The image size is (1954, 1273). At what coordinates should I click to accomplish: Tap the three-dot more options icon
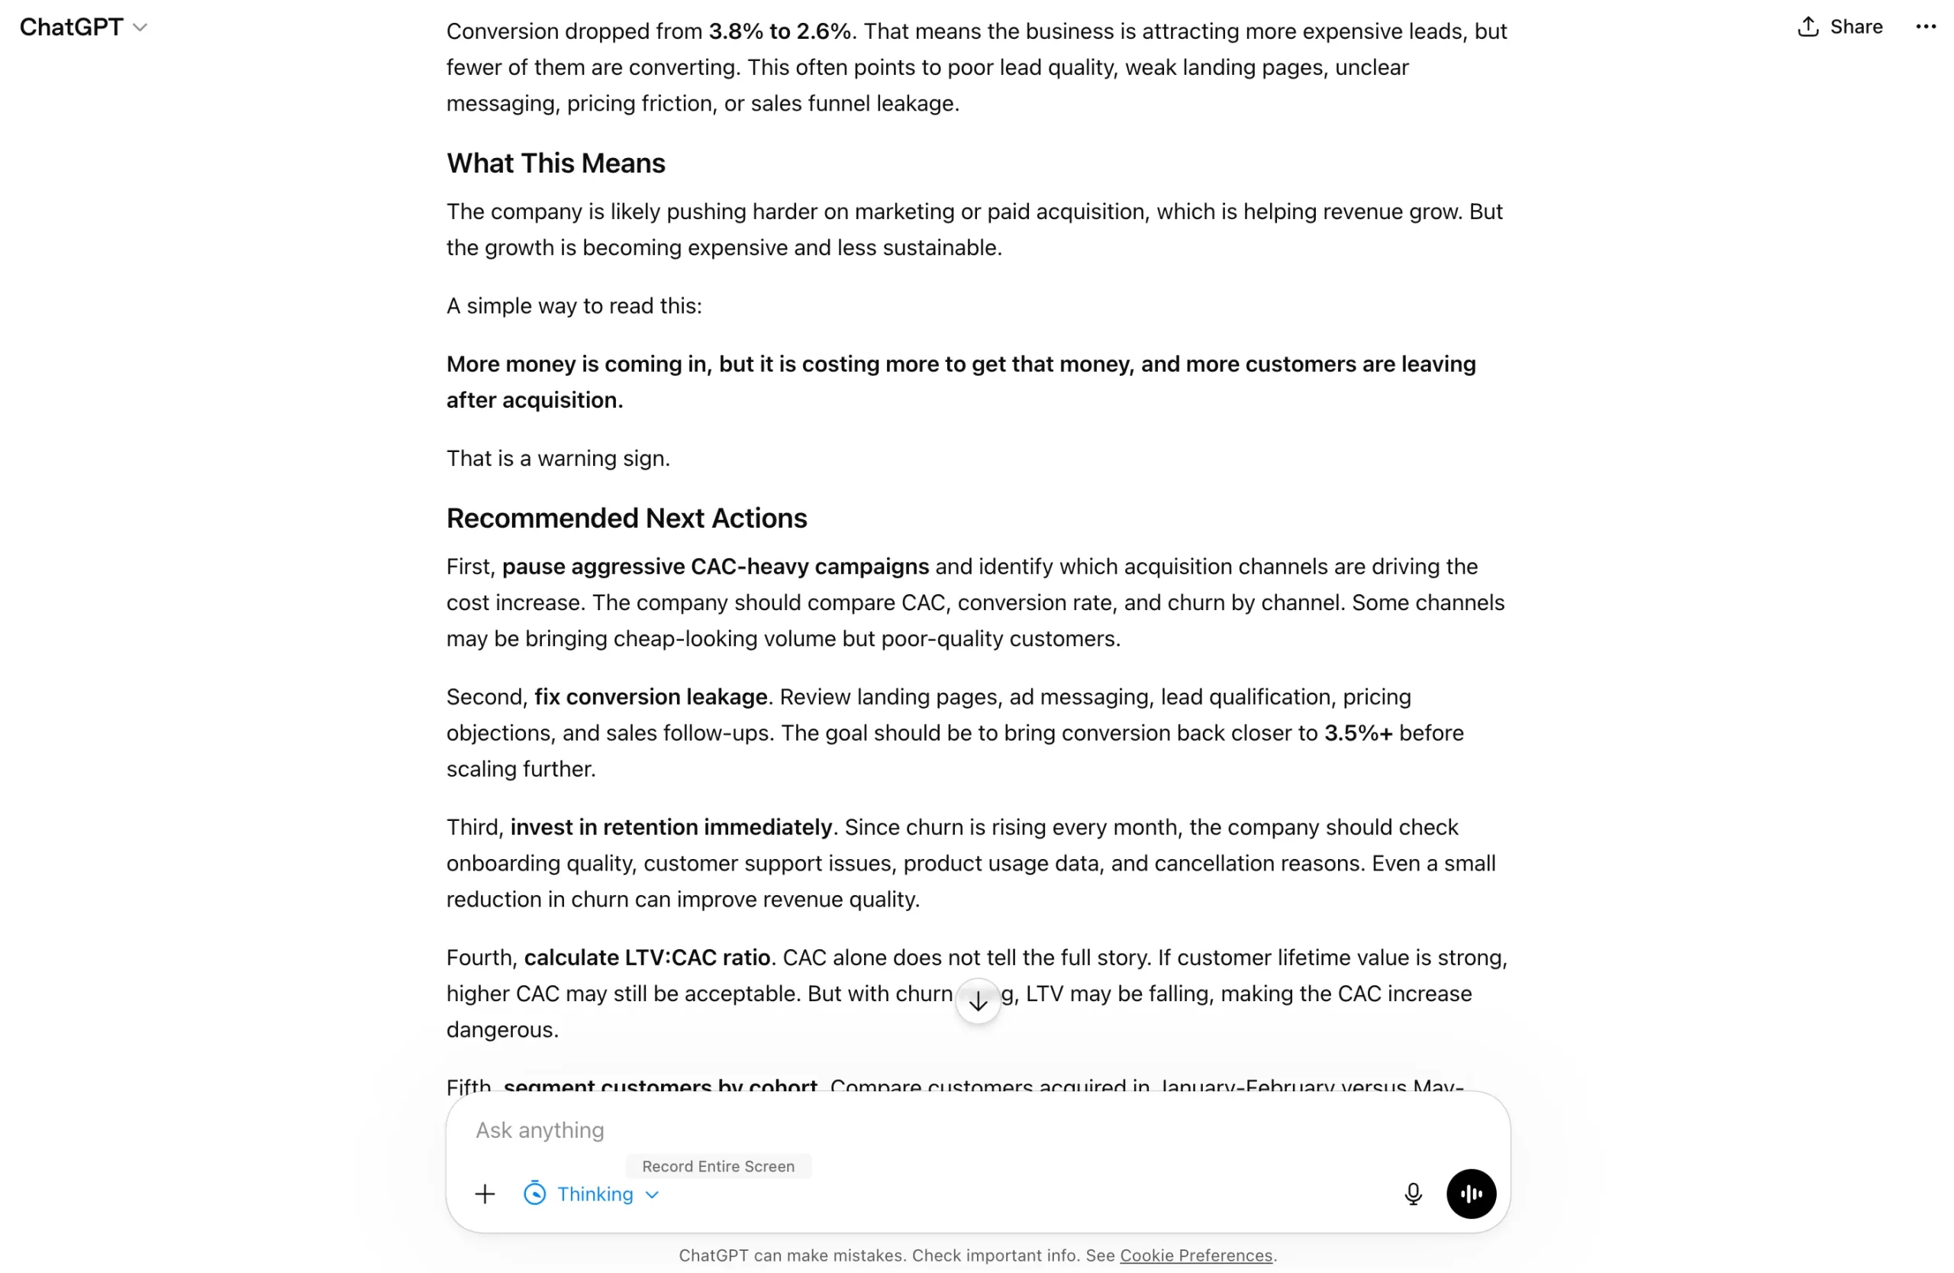click(x=1924, y=27)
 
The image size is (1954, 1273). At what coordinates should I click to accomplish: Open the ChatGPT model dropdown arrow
click(x=140, y=28)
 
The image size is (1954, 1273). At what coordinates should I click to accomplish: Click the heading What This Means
click(x=555, y=163)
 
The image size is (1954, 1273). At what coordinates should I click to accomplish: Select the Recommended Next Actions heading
click(x=627, y=519)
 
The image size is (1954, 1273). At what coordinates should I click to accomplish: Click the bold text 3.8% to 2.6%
click(x=779, y=31)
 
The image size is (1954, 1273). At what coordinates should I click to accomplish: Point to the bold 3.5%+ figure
click(x=1358, y=732)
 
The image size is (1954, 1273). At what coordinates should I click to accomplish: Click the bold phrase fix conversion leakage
click(x=650, y=696)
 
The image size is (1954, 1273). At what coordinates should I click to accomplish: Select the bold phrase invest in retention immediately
click(x=671, y=827)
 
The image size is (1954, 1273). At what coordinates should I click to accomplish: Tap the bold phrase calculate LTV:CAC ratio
click(x=647, y=958)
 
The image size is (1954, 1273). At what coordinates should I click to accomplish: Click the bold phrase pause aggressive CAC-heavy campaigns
click(x=715, y=567)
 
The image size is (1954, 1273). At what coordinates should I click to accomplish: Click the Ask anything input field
click(x=903, y=1130)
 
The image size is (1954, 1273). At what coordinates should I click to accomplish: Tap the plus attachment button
click(x=485, y=1194)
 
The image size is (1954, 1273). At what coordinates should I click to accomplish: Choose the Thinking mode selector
click(x=593, y=1194)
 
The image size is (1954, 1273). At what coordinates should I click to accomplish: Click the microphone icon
click(x=1412, y=1194)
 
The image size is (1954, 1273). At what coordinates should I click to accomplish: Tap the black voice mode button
click(x=1470, y=1194)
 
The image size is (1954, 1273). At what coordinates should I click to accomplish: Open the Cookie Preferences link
click(x=1195, y=1255)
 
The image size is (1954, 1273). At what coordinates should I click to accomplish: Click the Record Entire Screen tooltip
click(x=717, y=1166)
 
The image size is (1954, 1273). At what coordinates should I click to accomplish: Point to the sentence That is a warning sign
click(x=558, y=458)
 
